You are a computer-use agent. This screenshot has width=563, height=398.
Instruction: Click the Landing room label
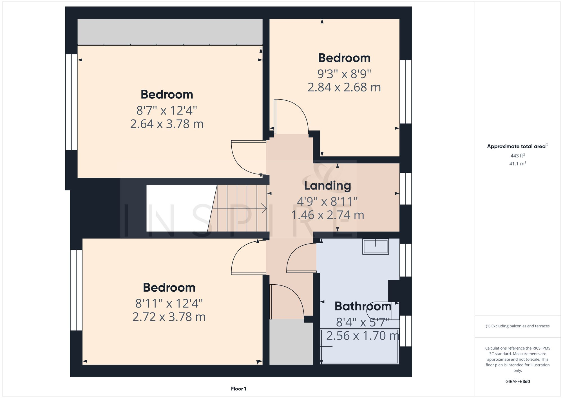point(327,186)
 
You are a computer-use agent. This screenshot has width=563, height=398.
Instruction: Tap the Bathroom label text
point(363,306)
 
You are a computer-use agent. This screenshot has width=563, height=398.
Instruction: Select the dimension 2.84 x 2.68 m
point(344,87)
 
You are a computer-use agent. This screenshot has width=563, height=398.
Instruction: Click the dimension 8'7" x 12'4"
point(167,111)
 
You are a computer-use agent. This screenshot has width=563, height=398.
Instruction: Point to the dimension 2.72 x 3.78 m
point(169,317)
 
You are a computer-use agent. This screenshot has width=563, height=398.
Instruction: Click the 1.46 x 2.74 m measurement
point(327,215)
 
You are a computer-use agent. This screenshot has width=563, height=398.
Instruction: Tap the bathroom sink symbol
point(376,247)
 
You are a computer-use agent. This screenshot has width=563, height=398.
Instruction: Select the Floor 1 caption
point(238,389)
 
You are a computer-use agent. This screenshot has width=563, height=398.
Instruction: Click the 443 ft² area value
point(517,156)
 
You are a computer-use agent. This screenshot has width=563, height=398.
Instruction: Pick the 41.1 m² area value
point(517,163)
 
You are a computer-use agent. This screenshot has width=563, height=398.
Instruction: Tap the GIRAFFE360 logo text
point(517,381)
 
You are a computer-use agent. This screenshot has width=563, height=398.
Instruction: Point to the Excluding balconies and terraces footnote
point(517,326)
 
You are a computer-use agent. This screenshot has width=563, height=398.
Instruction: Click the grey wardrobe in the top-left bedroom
point(170,31)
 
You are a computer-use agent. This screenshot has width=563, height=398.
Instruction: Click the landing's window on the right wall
point(406,189)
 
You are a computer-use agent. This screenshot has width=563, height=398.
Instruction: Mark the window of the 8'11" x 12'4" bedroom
point(76,290)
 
